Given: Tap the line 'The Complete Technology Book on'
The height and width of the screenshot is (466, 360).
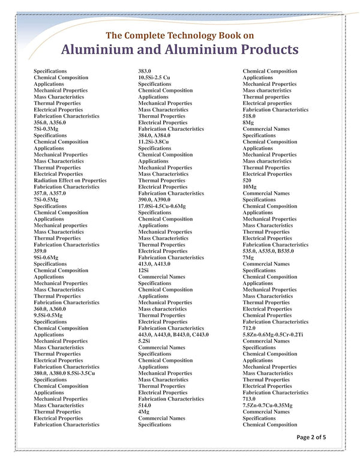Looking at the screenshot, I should [179, 34].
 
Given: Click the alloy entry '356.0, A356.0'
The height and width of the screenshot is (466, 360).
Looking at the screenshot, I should [54, 122].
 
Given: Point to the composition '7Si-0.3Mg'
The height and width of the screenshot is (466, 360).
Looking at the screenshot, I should [46, 129].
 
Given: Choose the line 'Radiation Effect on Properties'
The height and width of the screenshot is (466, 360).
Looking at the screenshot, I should [70, 181].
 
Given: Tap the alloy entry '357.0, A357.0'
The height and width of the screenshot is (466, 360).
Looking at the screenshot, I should [54, 193].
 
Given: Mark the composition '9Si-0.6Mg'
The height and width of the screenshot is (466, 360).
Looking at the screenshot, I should [46, 257].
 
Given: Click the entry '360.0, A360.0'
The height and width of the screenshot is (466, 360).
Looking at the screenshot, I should [54, 309].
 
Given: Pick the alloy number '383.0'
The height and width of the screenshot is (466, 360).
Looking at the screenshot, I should [146, 71].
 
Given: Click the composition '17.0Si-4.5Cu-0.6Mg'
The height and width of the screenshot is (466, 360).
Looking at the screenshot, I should [166, 206].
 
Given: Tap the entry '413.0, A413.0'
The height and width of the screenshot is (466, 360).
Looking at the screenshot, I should [158, 264].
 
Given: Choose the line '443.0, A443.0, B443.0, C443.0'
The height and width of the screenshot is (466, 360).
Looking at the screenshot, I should [173, 335].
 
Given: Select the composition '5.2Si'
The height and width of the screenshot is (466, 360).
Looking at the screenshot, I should [145, 341].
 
